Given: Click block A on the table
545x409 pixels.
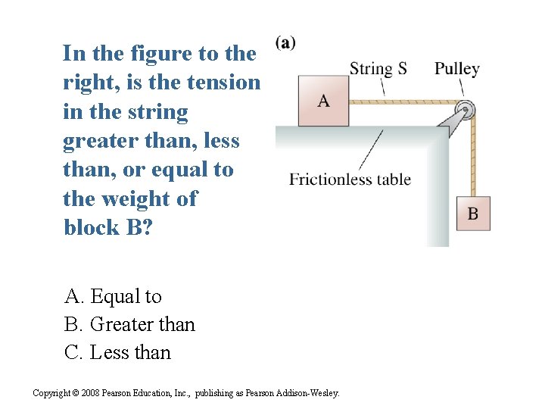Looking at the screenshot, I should pos(323,100).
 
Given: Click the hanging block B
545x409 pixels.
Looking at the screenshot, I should pos(473,213).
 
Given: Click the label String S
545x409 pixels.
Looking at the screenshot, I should pos(378,69).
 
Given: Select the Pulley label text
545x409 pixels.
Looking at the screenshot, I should pos(456,69).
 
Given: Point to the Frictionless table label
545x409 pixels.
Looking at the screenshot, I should pos(350,180).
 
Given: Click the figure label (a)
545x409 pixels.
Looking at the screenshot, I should pos(285,42).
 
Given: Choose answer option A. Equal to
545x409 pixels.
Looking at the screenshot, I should pos(113,296).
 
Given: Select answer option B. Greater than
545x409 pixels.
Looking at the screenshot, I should pos(129,324).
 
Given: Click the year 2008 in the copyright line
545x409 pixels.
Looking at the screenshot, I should pos(89,393).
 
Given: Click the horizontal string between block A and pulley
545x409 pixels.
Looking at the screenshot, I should pos(401,101).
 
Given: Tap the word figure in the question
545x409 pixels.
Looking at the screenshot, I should pos(151,54).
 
